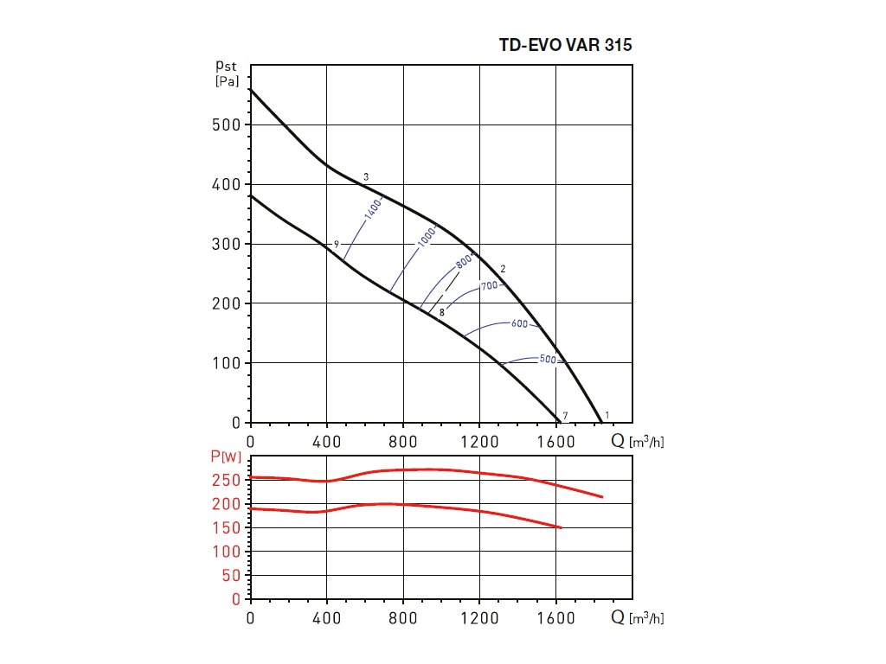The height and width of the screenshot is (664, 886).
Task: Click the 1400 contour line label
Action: tap(374, 210)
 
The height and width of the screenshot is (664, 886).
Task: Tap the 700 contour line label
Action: tap(490, 285)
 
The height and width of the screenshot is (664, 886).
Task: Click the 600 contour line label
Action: tap(519, 323)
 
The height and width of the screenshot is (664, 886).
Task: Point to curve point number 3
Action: tap(366, 177)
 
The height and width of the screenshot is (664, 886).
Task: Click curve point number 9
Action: tap(336, 245)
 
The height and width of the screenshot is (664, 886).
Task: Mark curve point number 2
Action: tap(503, 269)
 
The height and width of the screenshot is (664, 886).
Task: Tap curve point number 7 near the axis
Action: tap(565, 416)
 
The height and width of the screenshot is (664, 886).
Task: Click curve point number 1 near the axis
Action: tap(607, 415)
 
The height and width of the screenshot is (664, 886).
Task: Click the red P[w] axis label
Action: tap(226, 456)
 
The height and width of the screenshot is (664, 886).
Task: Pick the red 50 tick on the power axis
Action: tap(234, 576)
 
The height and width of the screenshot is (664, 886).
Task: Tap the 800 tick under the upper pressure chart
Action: tap(404, 441)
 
